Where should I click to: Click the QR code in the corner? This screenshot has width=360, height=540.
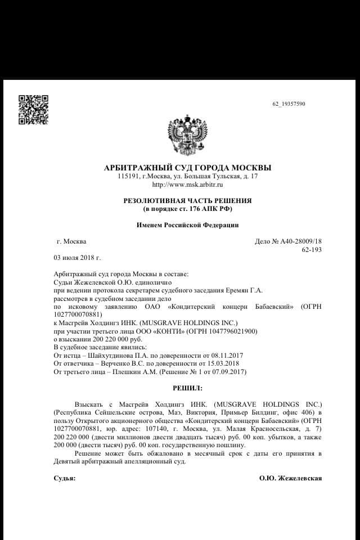tap(33, 109)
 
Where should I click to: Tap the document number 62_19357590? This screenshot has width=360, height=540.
tap(289, 104)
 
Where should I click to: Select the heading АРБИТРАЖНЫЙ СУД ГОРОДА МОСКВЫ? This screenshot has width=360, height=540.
tap(187, 168)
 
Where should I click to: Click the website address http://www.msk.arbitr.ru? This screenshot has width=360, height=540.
tap(187, 184)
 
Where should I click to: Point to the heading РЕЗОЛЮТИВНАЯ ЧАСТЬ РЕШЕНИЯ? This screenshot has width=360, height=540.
tap(187, 200)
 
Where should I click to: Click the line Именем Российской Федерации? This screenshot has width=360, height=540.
tap(187, 225)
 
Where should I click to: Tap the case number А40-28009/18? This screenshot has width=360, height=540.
tap(296, 241)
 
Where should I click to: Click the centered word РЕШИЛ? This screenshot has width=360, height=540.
tap(187, 388)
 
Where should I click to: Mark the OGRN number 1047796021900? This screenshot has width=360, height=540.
tap(233, 331)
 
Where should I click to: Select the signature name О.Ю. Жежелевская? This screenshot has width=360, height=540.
tap(290, 478)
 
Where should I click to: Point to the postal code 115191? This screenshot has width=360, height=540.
tap(129, 177)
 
